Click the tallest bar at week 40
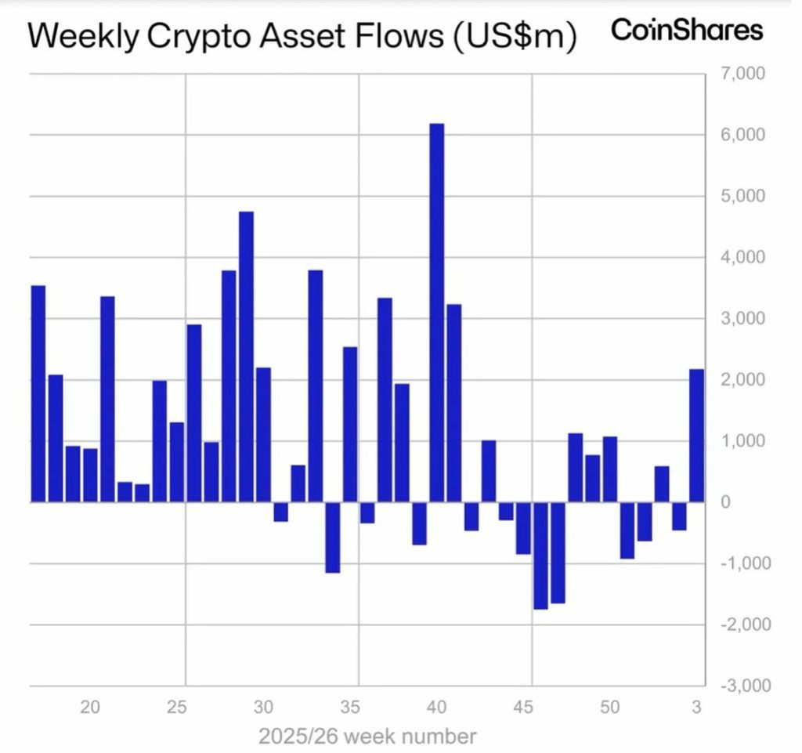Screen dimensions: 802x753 [x=437, y=313]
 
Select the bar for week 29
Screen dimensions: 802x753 [x=246, y=357]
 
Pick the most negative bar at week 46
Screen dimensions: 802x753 [x=540, y=556]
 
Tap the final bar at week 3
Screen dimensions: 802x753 [x=696, y=436]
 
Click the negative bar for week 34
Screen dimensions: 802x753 [x=332, y=538]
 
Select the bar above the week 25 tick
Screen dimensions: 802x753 [x=177, y=462]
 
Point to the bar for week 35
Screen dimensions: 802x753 [x=350, y=425]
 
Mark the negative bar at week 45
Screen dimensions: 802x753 [x=523, y=528]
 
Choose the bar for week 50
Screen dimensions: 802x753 [x=609, y=469]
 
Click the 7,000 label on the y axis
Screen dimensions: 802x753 [x=743, y=74]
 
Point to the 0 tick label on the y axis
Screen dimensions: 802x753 [x=725, y=502]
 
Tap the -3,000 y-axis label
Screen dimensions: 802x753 [x=746, y=686]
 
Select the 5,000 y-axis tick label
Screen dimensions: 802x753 [x=743, y=196]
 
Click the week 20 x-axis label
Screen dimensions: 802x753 [x=90, y=708]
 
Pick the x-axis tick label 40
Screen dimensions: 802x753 [x=436, y=708]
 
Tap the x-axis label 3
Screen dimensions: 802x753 [x=696, y=708]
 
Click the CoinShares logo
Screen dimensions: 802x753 [x=687, y=31]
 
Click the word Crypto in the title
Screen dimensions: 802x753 [x=198, y=37]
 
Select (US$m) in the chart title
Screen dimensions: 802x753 [x=515, y=37]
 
